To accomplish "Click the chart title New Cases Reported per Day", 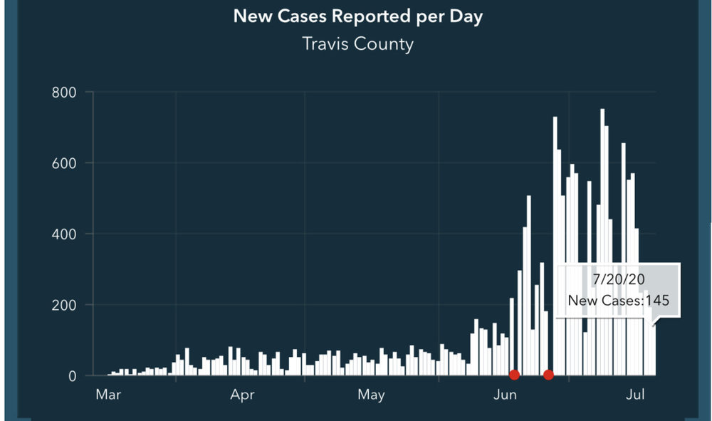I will (357, 16).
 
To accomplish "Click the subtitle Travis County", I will (357, 43).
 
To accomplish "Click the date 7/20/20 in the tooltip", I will (617, 279).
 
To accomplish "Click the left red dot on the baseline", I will (514, 375).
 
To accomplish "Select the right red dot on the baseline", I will (548, 375).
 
